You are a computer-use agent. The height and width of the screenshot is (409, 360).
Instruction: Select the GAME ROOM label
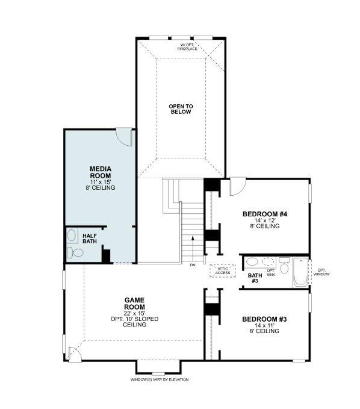coord(135,303)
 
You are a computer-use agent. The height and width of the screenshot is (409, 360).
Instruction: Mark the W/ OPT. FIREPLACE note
coord(188,46)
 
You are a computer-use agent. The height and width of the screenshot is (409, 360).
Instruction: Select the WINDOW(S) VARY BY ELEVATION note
coord(160,379)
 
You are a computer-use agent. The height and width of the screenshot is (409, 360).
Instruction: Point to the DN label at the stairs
coord(192,265)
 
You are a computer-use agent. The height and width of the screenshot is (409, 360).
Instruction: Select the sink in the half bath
coord(72,235)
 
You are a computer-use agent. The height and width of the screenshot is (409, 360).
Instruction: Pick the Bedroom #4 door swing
coord(237,185)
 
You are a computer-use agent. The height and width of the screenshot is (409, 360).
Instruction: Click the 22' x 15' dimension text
coord(135,312)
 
